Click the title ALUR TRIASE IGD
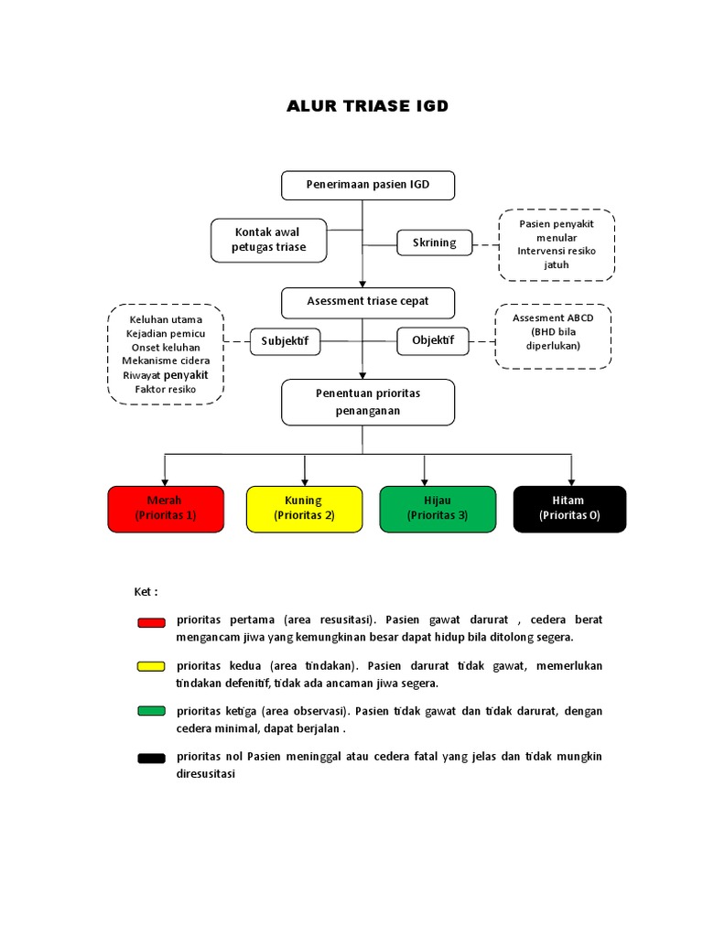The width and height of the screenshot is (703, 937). pyautogui.click(x=367, y=106)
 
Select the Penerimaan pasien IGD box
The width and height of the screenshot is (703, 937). pyautogui.click(x=367, y=186)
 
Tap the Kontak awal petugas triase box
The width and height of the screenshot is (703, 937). pyautogui.click(x=268, y=240)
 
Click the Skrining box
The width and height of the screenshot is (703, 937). pyautogui.click(x=435, y=242)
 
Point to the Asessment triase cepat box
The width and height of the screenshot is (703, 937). pyautogui.click(x=367, y=302)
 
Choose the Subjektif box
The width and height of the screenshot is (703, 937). pyautogui.click(x=285, y=342)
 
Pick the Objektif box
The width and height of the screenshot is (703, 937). pyautogui.click(x=433, y=341)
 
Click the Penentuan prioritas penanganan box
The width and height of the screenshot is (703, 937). pyautogui.click(x=367, y=403)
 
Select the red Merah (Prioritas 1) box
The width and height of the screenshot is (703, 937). pyautogui.click(x=166, y=509)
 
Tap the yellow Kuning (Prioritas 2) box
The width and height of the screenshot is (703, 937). pyautogui.click(x=304, y=509)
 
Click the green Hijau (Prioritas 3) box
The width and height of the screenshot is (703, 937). pyautogui.click(x=438, y=509)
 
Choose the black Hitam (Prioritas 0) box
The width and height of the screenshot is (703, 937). pyautogui.click(x=569, y=509)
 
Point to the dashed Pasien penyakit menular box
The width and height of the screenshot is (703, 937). pyautogui.click(x=557, y=244)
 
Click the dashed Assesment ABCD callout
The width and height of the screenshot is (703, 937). pyautogui.click(x=553, y=337)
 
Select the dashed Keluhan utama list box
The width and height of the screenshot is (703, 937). pyautogui.click(x=166, y=354)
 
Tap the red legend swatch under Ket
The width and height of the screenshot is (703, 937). pyautogui.click(x=151, y=622)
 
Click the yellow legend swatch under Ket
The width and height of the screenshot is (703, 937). pyautogui.click(x=151, y=666)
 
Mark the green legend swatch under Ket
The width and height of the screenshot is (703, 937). pyautogui.click(x=151, y=711)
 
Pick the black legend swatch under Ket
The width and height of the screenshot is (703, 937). pyautogui.click(x=151, y=757)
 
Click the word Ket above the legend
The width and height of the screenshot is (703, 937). pyautogui.click(x=146, y=592)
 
